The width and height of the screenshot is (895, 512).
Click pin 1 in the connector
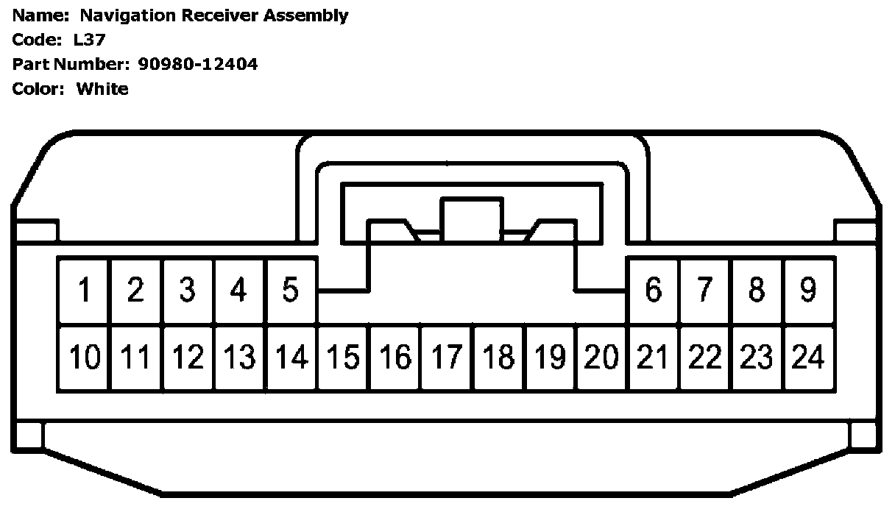tap(85, 291)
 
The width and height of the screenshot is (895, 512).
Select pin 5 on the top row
tap(291, 291)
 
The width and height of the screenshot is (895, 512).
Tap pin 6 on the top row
tap(653, 291)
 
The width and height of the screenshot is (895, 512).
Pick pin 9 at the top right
tap(808, 291)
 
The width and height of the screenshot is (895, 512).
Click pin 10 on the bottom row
tap(85, 358)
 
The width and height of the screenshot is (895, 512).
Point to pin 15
tap(343, 358)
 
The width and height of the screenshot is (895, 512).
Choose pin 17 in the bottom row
tap(446, 358)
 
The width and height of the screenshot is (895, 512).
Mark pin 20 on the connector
tap(601, 358)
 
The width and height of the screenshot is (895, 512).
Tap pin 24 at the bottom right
tap(808, 358)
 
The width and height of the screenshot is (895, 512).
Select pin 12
tap(188, 358)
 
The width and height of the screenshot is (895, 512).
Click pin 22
tap(705, 358)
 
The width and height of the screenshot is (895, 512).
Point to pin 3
tap(188, 291)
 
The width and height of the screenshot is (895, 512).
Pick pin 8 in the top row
tap(757, 291)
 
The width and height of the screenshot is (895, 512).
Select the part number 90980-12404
tap(198, 64)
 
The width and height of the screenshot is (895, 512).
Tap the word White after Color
tap(102, 89)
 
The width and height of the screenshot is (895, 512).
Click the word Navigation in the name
tap(128, 15)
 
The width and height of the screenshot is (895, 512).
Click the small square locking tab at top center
tap(471, 216)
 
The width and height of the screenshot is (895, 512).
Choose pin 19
tap(550, 358)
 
